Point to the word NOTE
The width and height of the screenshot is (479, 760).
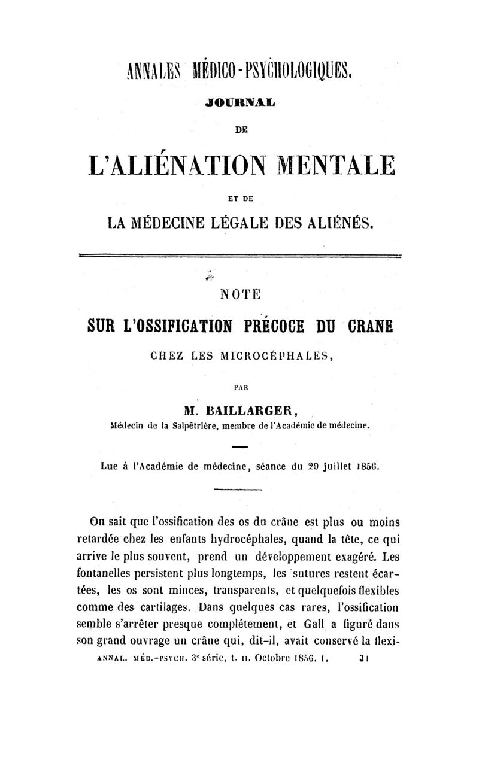coord(240,294)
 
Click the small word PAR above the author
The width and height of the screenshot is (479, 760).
coord(241,387)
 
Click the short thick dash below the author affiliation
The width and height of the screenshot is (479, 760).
coord(239,446)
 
